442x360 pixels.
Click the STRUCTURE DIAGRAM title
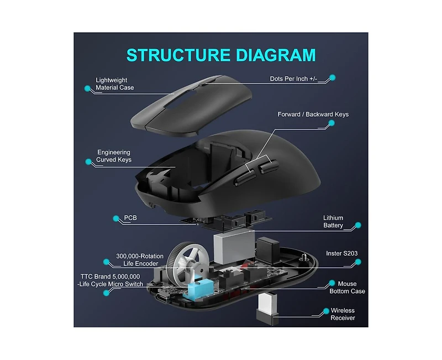(221, 55)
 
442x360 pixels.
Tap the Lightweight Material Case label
(115, 84)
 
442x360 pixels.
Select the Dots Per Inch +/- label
(293, 79)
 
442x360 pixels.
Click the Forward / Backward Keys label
(313, 114)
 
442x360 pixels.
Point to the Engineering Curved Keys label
(114, 156)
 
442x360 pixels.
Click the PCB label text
(130, 218)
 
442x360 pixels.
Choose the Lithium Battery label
(333, 221)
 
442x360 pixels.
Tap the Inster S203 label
(342, 253)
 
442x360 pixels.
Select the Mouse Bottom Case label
(348, 288)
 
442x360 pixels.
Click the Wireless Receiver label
(343, 314)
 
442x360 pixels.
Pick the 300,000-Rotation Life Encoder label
(140, 260)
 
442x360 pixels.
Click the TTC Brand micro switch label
(110, 280)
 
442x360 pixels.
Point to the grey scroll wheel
(187, 264)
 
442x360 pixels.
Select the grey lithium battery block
(234, 247)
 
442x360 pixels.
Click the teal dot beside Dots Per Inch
(333, 77)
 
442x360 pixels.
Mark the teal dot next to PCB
(116, 218)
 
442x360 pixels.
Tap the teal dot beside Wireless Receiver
(326, 311)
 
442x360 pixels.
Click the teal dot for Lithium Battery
(358, 225)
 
